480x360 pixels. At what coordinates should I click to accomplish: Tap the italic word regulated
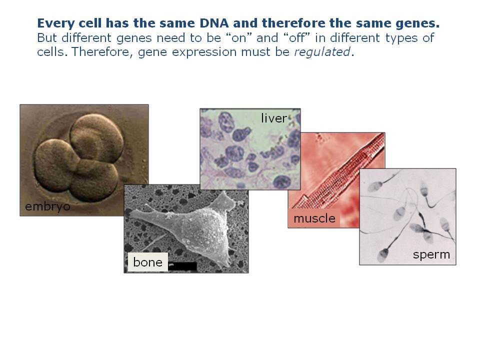(x=322, y=52)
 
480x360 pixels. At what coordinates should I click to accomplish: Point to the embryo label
(x=47, y=206)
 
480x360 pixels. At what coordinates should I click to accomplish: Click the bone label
(x=148, y=262)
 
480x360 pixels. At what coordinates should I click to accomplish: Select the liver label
(x=274, y=118)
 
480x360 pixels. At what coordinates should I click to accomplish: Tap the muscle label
(x=314, y=218)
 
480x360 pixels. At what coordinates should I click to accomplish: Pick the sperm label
(x=431, y=254)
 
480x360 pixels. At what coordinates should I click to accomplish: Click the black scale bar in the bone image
(x=182, y=266)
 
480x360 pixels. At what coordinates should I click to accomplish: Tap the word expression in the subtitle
(x=204, y=52)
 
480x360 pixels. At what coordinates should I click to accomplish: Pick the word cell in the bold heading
(x=90, y=23)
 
